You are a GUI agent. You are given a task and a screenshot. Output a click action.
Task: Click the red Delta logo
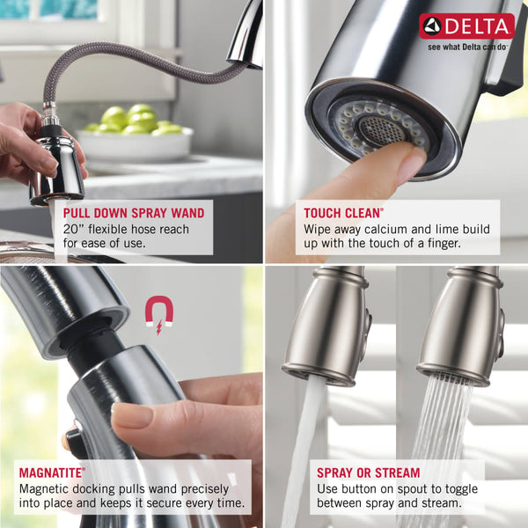point(466,26)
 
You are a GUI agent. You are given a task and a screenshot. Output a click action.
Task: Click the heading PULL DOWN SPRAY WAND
point(134,213)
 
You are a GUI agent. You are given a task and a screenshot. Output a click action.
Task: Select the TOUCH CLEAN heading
point(343,213)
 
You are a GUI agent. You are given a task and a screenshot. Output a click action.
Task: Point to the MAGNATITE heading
point(52,473)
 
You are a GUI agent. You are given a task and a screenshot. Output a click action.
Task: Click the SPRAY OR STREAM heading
point(368,473)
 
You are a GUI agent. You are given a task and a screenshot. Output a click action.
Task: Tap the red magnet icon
point(158,313)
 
